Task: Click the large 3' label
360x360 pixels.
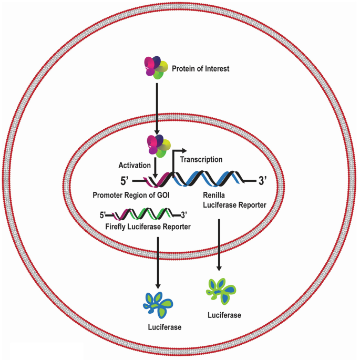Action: pyautogui.click(x=263, y=182)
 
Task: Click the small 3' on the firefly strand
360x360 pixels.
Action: pyautogui.click(x=184, y=214)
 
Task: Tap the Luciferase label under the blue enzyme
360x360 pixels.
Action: pyautogui.click(x=164, y=327)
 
